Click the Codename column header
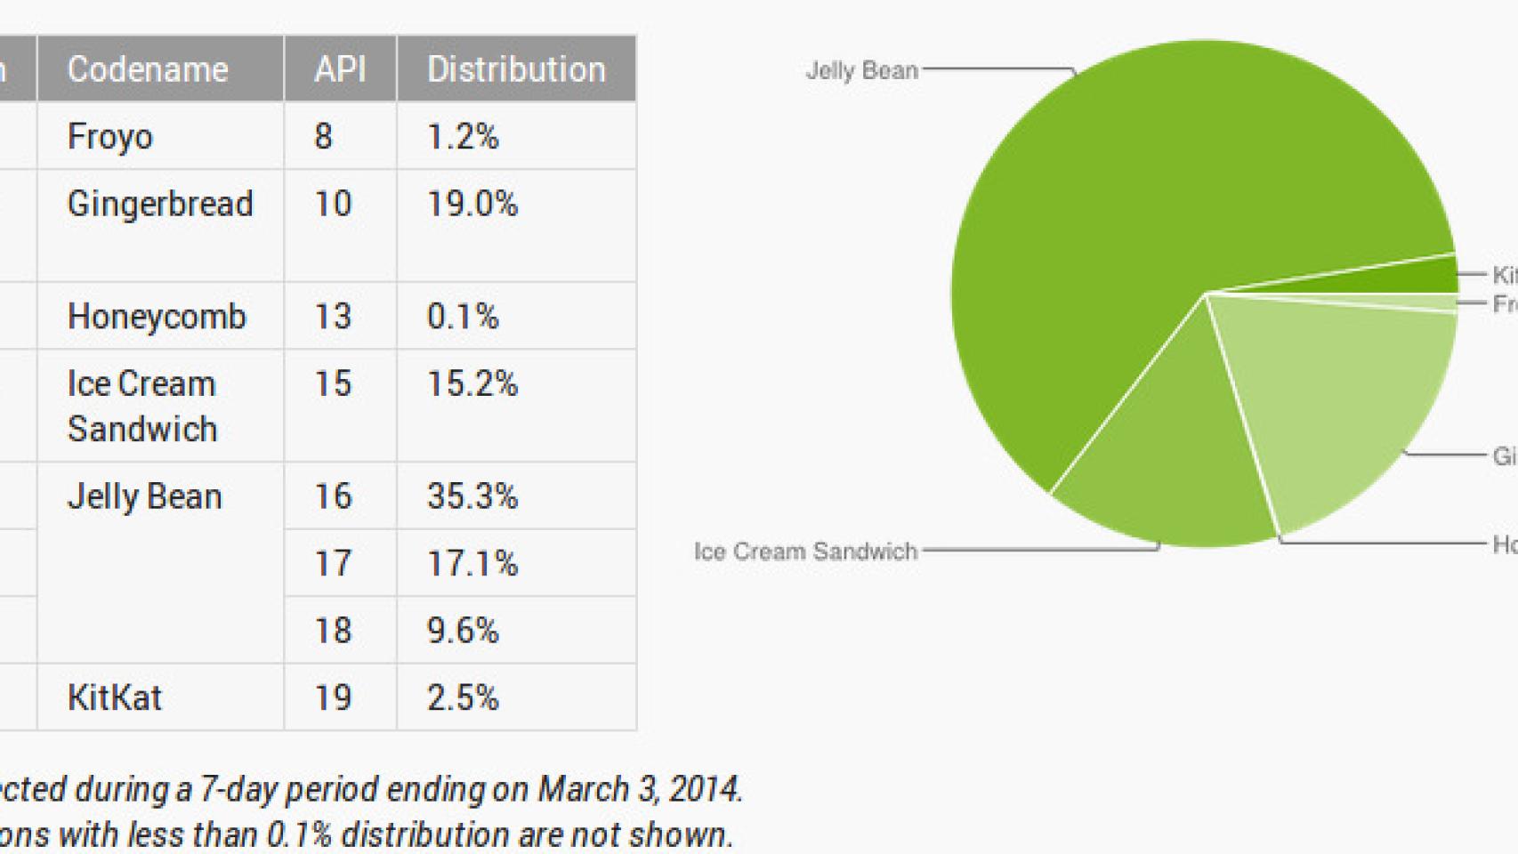coord(148,69)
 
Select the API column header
coord(340,69)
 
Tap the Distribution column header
coord(516,69)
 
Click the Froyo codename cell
coord(110,137)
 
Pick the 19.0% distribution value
coord(472,205)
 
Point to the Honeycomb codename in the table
coord(157,317)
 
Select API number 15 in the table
coord(333,384)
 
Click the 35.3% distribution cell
coord(472,496)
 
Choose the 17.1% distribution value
coord(472,564)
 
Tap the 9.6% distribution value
coord(463,631)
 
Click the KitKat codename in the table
coord(115,697)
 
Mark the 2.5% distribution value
coord(463,697)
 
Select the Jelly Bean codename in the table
coord(144,496)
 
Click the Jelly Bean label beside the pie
coord(861,70)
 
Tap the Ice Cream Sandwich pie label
coord(805,552)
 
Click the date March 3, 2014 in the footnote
coord(639,789)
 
